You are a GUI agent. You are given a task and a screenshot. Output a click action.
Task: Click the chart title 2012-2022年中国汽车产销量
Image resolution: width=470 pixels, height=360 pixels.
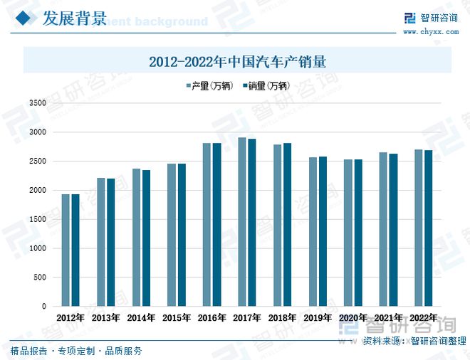tap(237, 61)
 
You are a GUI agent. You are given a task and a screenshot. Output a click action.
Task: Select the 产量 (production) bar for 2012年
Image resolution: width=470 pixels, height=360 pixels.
tap(66, 250)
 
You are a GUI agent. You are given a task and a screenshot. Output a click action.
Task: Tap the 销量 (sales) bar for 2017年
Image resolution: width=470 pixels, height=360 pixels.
tap(252, 222)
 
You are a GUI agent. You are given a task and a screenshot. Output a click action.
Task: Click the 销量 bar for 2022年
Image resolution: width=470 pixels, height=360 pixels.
tap(428, 228)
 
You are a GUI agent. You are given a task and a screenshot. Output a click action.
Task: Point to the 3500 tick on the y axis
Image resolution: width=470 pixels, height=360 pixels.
tap(37, 103)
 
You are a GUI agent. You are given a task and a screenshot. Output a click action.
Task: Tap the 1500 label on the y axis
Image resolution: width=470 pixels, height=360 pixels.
tap(37, 220)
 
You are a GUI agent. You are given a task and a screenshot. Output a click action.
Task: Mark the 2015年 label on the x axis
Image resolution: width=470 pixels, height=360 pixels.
tap(176, 318)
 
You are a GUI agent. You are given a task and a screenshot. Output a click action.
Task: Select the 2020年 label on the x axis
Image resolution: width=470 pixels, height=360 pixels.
tap(352, 318)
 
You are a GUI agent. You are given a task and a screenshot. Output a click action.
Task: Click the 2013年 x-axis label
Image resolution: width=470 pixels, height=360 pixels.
tap(105, 318)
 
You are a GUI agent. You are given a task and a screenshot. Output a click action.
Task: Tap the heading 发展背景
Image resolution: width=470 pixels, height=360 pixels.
tap(74, 18)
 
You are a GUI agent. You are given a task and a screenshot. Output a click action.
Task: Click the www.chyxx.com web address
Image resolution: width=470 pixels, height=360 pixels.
tap(430, 31)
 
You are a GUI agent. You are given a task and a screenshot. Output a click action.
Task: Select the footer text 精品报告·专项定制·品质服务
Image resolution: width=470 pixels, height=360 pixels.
tap(76, 351)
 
